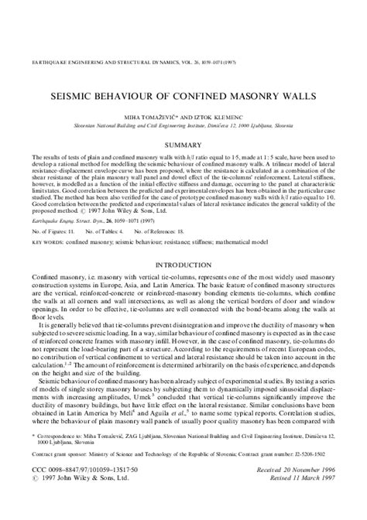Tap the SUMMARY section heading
pyautogui.click(x=183, y=145)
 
